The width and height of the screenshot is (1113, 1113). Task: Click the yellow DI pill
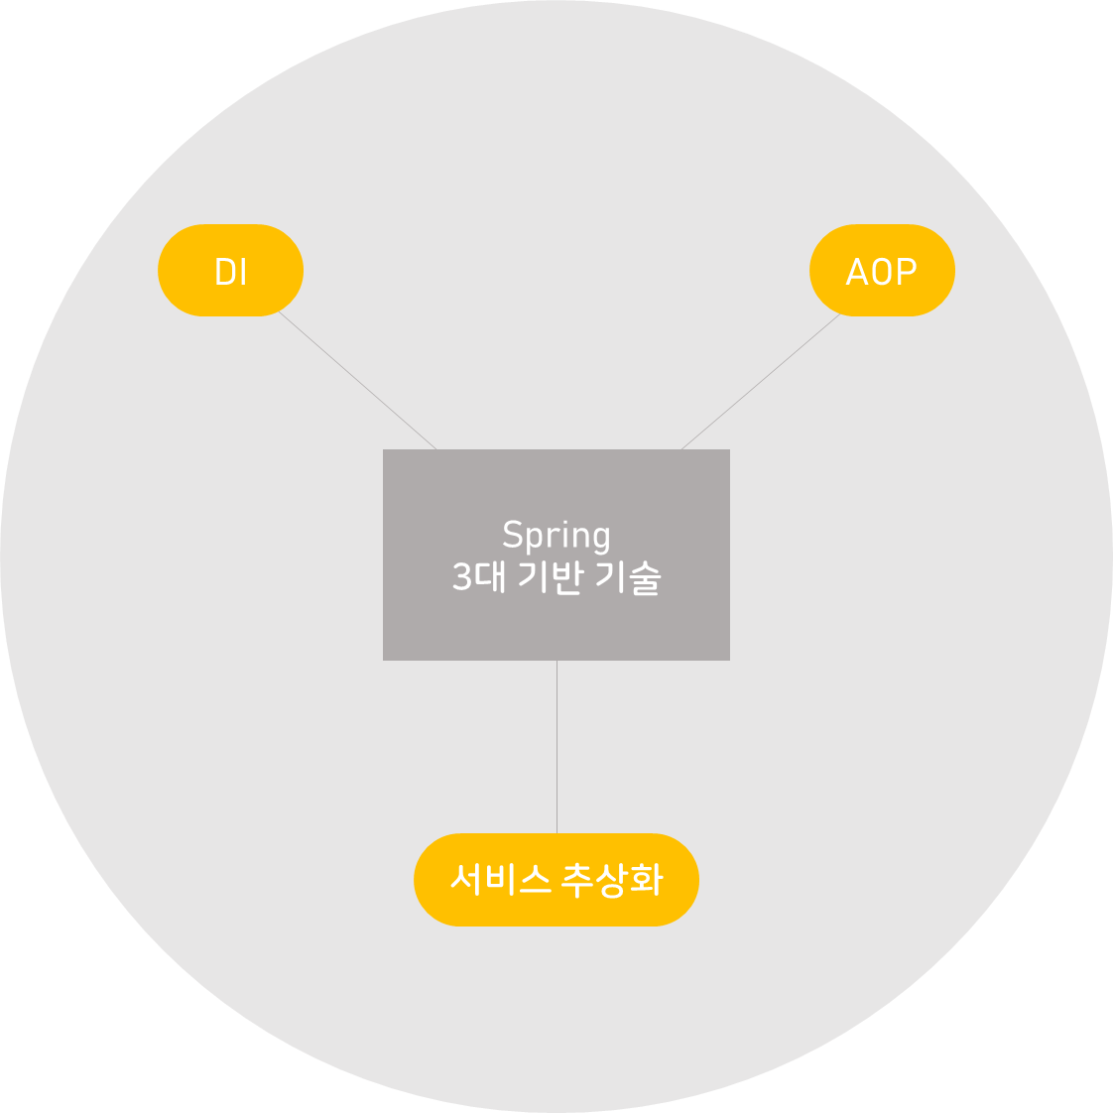[x=230, y=270]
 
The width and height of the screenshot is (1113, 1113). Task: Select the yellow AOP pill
[x=882, y=270]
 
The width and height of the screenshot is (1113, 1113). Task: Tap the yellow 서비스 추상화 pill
[x=556, y=880]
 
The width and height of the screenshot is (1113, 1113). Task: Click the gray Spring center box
[x=556, y=625]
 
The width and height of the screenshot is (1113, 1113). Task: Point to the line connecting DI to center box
[x=357, y=381]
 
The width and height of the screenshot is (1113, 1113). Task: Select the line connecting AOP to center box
[x=760, y=382]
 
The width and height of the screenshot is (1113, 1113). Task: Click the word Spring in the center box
[x=556, y=536]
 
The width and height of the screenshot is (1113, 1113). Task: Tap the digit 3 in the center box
[x=461, y=577]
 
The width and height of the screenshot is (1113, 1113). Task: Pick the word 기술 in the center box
[x=628, y=576]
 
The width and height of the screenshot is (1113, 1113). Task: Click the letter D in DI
[x=223, y=272]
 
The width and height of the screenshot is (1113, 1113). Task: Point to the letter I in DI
[x=243, y=272]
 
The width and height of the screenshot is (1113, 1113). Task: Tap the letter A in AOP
[x=856, y=272]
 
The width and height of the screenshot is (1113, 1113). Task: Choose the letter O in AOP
[x=881, y=272]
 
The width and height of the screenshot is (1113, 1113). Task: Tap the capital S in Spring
[x=512, y=535]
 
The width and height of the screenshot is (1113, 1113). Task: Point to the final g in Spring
[x=600, y=540]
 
